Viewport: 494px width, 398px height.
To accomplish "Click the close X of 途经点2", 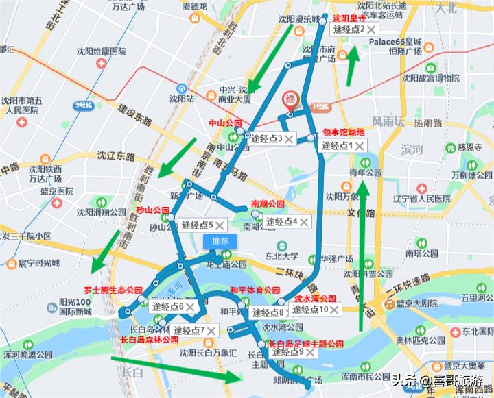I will click(x=372, y=29).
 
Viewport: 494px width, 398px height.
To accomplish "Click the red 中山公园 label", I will click(x=226, y=123).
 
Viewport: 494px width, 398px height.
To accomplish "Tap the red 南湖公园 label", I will click(x=267, y=204).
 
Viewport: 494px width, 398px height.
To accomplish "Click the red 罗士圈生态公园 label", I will click(x=113, y=290).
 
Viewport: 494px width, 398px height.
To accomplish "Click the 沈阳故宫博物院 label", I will click(x=430, y=78).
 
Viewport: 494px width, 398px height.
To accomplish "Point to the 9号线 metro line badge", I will click(x=83, y=105).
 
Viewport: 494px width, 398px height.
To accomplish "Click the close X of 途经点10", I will click(x=334, y=310).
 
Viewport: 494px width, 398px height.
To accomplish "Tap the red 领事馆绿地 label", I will click(x=344, y=132).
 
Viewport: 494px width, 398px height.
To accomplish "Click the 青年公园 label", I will click(x=365, y=172).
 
